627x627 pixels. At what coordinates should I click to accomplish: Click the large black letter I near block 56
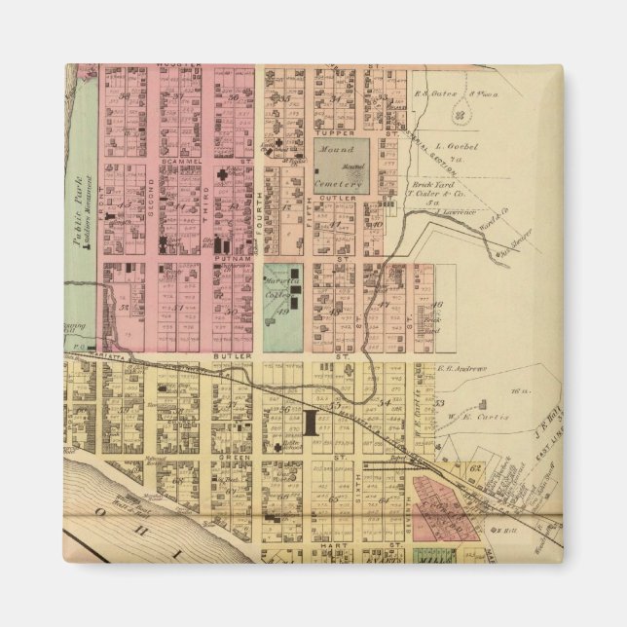(x=312, y=422)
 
